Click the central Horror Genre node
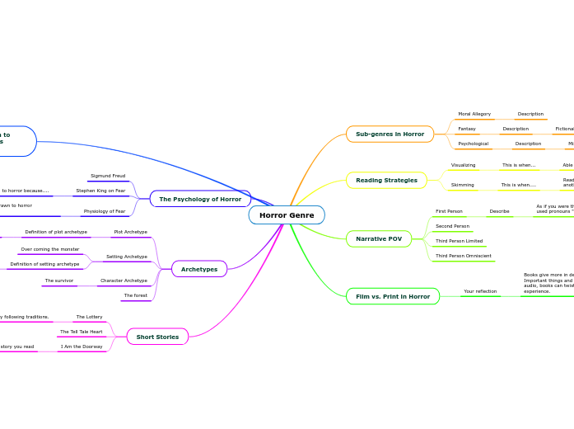coord(287,215)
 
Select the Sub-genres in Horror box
coord(390,134)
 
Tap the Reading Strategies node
coord(386,180)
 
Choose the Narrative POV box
coord(379,238)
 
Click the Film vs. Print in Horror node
coord(393,296)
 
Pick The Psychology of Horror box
coord(200,199)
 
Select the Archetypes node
coord(199,269)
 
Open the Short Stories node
coord(157,337)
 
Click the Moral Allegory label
coord(474,114)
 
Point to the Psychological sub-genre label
coord(474,144)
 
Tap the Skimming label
coord(463,185)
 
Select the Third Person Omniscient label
coord(464,256)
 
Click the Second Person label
coord(452,226)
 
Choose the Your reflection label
coord(480,291)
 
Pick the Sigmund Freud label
coord(108,176)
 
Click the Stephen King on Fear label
coord(100,191)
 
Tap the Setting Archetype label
coord(127,257)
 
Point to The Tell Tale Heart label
coord(82,332)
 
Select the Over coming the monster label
coord(50,249)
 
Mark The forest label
coord(136,295)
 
